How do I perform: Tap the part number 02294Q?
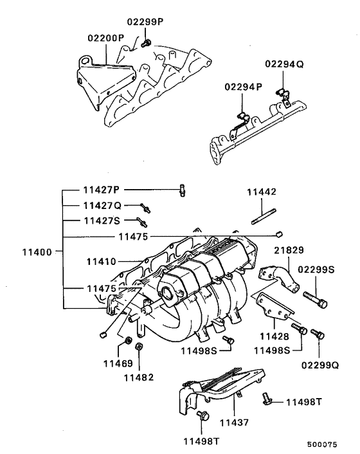(x=281, y=64)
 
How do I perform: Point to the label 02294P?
(x=241, y=87)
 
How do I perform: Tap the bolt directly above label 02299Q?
(x=316, y=335)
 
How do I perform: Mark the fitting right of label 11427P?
(x=182, y=189)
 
